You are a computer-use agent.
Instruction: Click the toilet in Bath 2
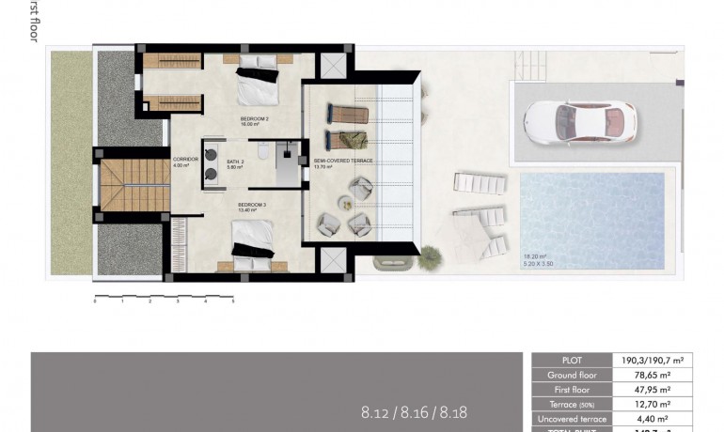coord(265,151)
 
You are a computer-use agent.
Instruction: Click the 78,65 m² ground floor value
coord(652,375)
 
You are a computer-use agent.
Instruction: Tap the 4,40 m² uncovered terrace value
coord(652,419)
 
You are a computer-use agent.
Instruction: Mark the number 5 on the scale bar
coord(232,302)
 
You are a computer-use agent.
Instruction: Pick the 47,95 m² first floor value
coord(652,390)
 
